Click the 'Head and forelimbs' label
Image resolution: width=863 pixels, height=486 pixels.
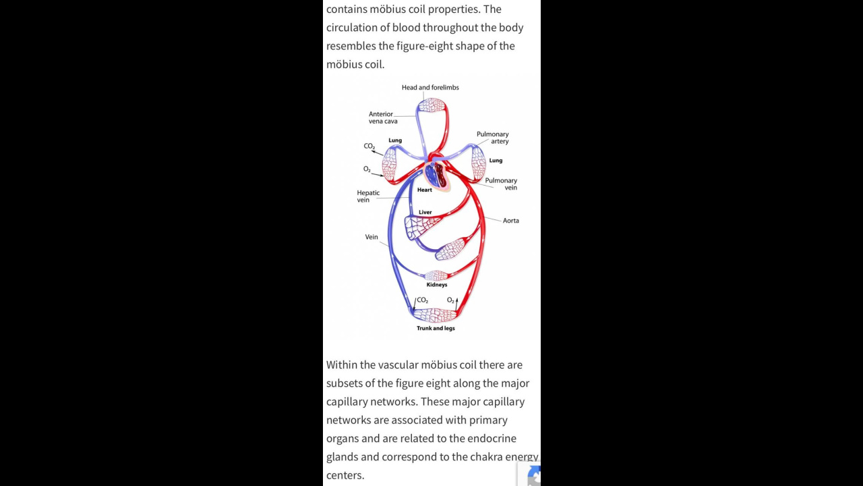(x=430, y=88)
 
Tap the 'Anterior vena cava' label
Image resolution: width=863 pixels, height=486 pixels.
(x=383, y=117)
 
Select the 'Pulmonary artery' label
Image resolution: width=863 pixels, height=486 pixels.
(x=493, y=138)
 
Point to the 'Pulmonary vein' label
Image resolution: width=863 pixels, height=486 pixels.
(x=501, y=184)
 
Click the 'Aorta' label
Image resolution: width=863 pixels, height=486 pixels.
(x=511, y=221)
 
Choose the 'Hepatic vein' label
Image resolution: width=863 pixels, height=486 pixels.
(x=368, y=196)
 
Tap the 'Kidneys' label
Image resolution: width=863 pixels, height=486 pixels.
(x=437, y=285)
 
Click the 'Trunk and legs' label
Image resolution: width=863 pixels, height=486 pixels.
(x=436, y=328)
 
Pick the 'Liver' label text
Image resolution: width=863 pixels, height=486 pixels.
(x=425, y=212)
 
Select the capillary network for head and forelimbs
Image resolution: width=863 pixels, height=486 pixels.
(x=432, y=105)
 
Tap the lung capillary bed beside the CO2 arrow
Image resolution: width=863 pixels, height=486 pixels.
(x=390, y=165)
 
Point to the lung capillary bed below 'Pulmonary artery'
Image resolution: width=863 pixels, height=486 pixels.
(x=479, y=163)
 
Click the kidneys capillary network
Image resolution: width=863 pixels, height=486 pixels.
(x=436, y=275)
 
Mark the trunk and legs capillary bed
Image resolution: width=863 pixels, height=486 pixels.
(x=435, y=315)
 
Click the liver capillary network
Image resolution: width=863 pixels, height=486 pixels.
(x=421, y=227)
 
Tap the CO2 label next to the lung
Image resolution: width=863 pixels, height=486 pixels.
(x=369, y=146)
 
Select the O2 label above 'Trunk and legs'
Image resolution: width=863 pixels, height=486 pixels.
(x=450, y=300)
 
